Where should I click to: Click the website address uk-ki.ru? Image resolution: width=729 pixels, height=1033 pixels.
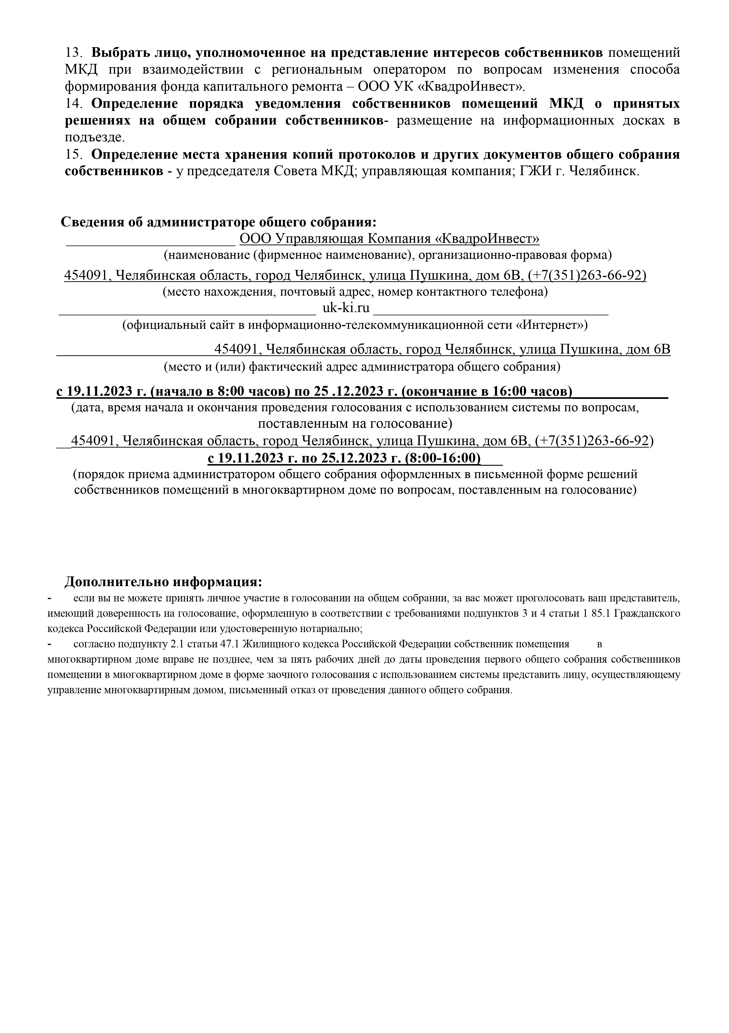(346, 308)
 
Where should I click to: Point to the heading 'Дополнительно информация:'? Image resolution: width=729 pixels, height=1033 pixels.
(163, 582)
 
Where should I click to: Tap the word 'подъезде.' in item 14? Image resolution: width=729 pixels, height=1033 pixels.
(95, 138)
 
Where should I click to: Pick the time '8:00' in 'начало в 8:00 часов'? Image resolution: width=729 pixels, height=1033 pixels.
(229, 392)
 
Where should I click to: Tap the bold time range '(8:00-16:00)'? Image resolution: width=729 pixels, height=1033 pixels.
(443, 458)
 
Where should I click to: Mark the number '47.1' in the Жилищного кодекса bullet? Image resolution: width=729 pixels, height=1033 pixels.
(230, 644)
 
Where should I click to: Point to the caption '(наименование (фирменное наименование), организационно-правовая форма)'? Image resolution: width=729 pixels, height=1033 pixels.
(387, 256)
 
